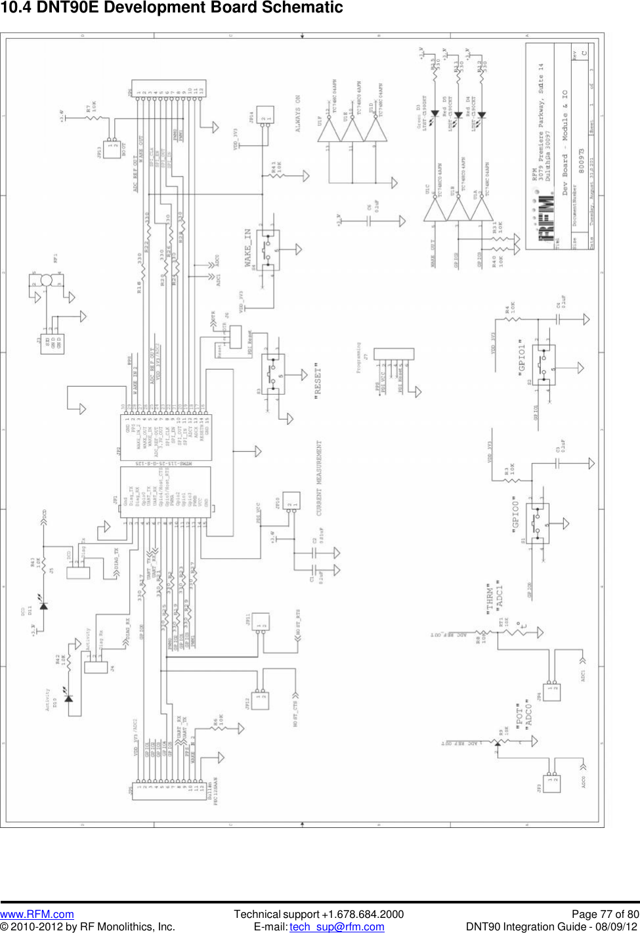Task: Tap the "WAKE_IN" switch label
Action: pos(248,248)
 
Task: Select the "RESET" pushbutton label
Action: pos(318,381)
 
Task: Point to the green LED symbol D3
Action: pos(434,114)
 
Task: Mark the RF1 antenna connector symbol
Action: pos(46,280)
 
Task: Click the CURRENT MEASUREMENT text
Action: pos(320,477)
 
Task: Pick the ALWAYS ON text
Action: pos(298,114)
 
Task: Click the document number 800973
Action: pos(581,160)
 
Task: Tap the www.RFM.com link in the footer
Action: pos(37,914)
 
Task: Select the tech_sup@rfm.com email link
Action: pos(337,926)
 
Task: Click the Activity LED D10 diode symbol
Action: pos(68,697)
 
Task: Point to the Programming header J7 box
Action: pos(393,354)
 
